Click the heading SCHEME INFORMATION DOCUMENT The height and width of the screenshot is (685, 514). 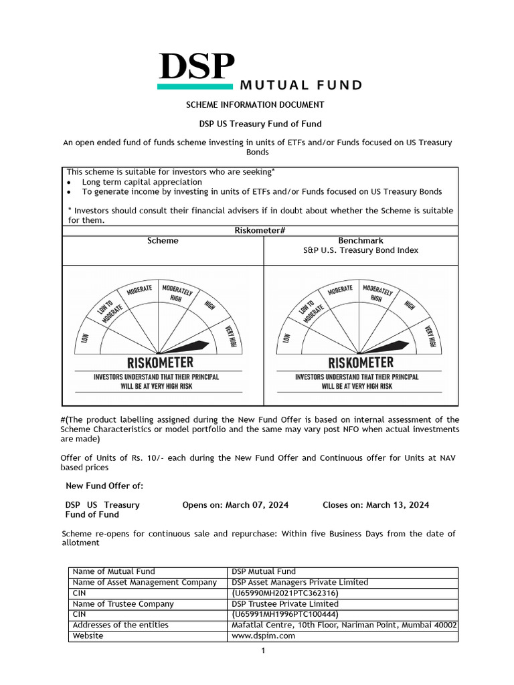point(254,105)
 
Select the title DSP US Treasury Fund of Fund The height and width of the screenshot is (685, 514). point(260,124)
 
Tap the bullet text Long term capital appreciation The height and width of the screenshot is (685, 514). point(142,182)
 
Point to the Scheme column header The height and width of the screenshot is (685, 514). point(163,241)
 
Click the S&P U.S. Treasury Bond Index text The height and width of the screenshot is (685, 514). point(361,250)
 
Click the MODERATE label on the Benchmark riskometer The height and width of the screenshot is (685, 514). point(340,289)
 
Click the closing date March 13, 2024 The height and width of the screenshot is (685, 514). point(397,505)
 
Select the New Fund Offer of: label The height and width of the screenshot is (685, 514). point(104,486)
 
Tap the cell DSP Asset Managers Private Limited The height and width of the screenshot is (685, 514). point(299,582)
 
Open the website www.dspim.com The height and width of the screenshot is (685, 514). point(263,636)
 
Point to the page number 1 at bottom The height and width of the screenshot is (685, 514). point(263,651)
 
